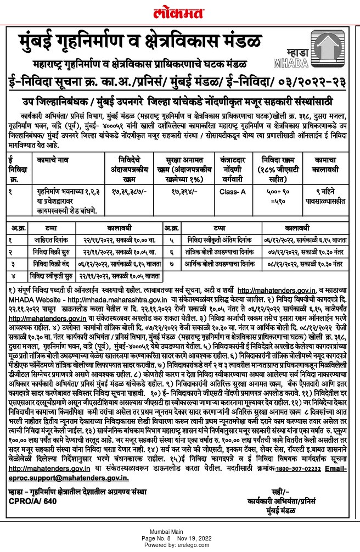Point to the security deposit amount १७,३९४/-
[181, 193]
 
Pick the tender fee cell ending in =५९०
[284, 198]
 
